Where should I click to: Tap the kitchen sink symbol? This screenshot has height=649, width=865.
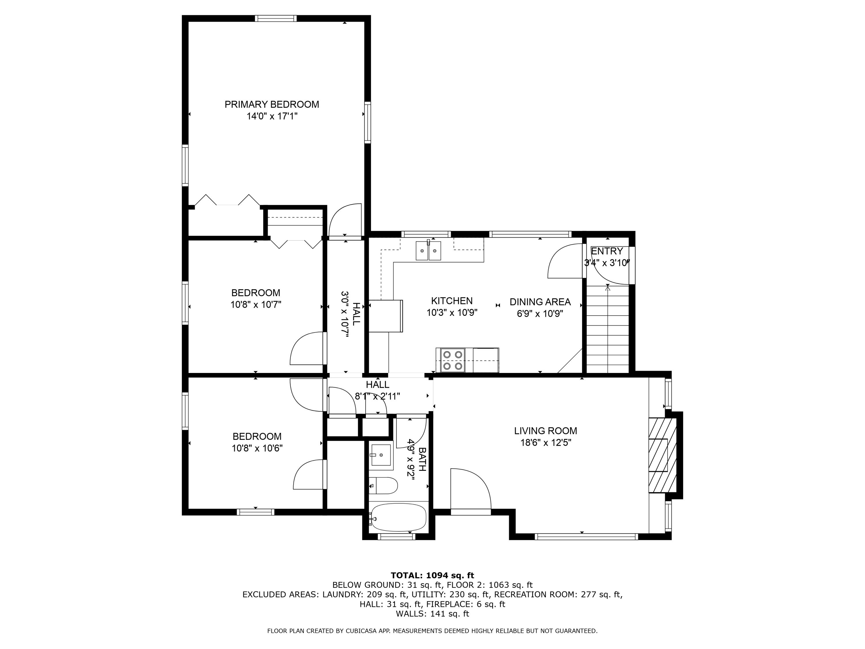point(428,251)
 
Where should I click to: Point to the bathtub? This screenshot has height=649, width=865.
point(398,517)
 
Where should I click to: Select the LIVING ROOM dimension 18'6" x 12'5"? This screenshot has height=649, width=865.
point(546,443)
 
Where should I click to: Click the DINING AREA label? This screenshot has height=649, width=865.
point(540,302)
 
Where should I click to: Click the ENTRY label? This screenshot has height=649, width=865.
point(607,251)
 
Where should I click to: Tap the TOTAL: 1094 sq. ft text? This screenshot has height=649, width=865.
point(432,575)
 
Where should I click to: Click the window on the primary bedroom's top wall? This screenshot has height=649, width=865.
point(276,18)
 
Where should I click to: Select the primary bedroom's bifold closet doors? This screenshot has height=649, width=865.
point(227,200)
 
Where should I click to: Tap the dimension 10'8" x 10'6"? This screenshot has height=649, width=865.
point(257,448)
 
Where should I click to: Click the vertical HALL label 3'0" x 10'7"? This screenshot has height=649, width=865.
point(350,314)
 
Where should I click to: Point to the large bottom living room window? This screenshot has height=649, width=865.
point(586,537)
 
